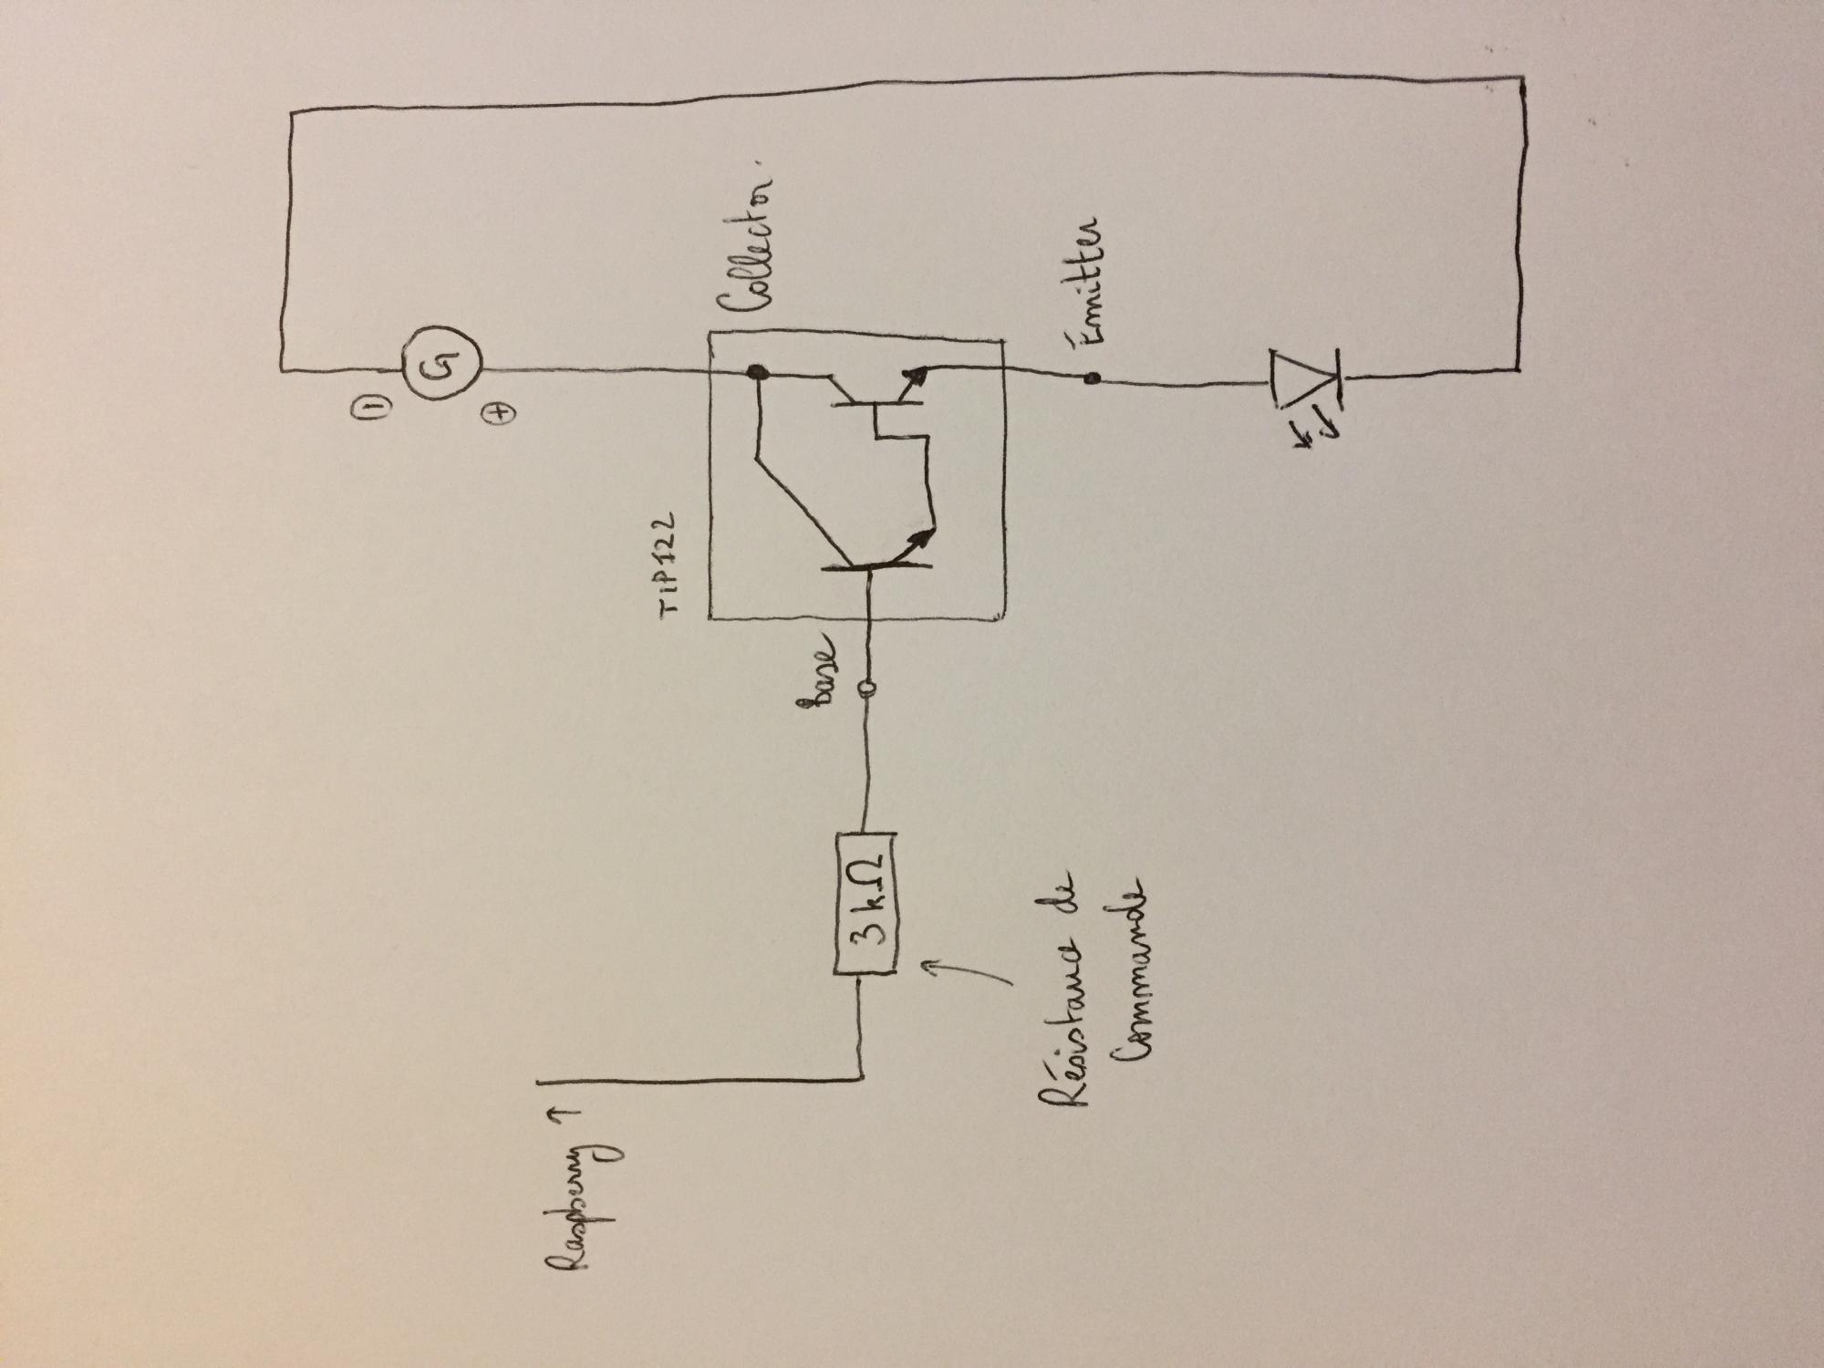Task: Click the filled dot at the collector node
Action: coord(756,371)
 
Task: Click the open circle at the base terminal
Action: coord(866,688)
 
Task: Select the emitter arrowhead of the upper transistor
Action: coord(917,373)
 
